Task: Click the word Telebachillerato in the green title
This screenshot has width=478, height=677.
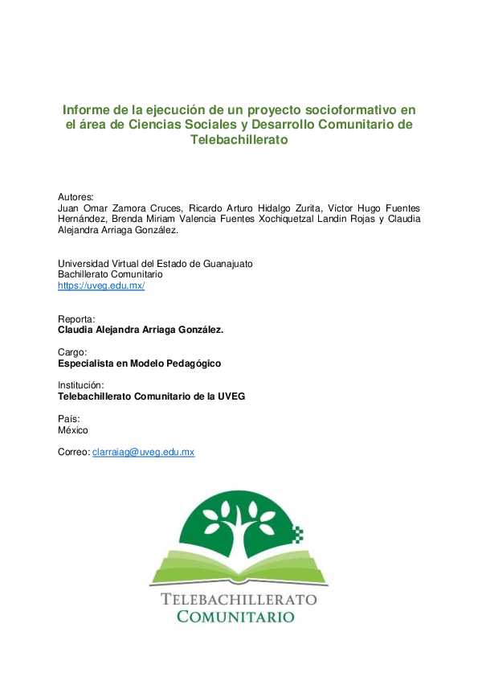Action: tap(239, 139)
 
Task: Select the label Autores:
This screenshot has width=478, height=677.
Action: tap(76, 196)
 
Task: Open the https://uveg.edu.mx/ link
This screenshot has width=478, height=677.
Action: tap(101, 285)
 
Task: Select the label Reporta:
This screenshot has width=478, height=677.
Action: tap(76, 318)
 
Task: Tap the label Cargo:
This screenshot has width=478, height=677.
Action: tap(72, 352)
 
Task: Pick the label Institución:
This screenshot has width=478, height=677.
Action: tap(81, 385)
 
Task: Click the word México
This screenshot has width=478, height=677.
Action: tap(73, 430)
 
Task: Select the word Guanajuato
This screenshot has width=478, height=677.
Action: tap(228, 263)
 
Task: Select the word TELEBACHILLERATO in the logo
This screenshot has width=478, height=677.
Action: tap(239, 599)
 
